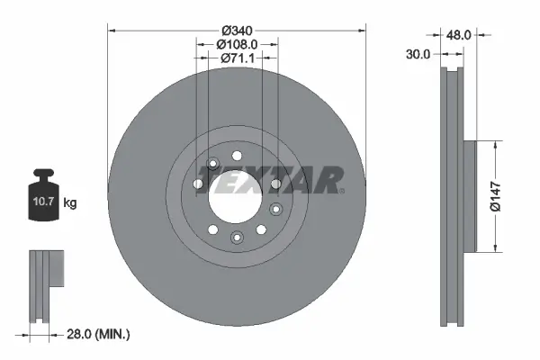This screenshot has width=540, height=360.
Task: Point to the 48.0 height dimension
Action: click(x=460, y=34)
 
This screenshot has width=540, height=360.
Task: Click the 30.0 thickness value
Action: click(x=416, y=53)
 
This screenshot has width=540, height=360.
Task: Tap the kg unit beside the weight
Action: click(x=70, y=203)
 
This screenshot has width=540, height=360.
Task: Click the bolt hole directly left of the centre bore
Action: click(x=198, y=184)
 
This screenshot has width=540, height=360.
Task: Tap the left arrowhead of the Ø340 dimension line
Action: click(x=112, y=31)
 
